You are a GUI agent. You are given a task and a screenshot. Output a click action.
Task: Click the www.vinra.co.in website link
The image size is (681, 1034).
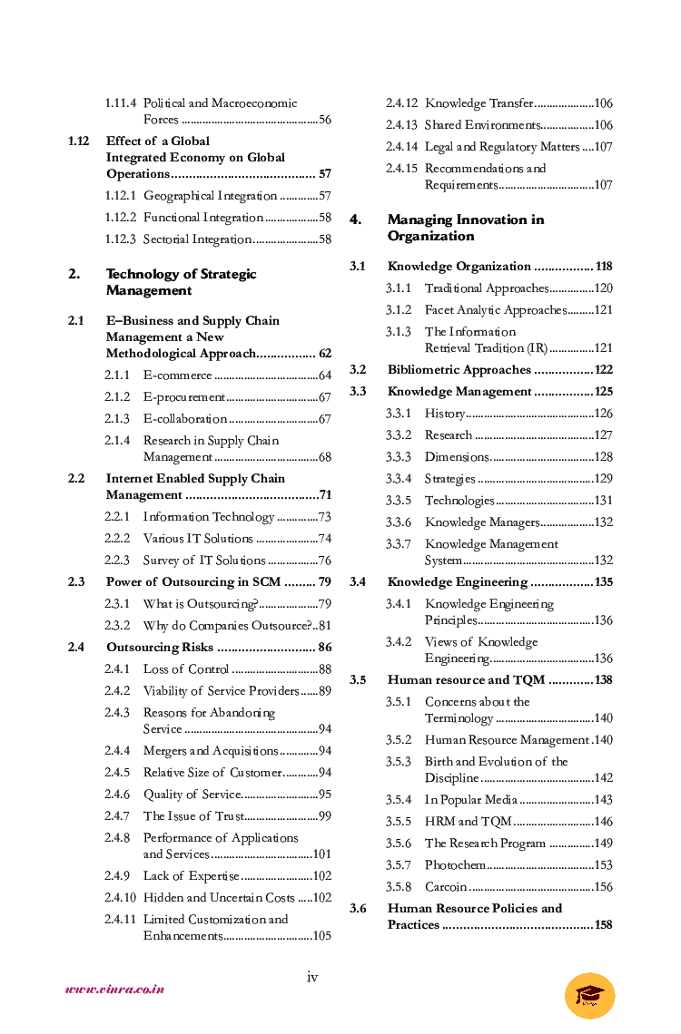[x=114, y=990]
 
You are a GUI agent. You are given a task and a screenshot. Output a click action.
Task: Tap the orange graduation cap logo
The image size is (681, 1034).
[x=589, y=995]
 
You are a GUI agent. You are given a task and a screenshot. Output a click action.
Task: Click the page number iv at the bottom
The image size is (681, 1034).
[x=312, y=977]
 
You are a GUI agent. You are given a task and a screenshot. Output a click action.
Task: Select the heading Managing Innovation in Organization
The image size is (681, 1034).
[x=466, y=228]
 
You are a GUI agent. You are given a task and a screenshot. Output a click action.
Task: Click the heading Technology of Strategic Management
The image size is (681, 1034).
[x=181, y=282]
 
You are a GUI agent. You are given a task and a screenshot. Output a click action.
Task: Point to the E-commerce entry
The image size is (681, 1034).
[x=177, y=376]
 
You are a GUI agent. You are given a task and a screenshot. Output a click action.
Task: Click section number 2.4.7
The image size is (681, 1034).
[x=117, y=816]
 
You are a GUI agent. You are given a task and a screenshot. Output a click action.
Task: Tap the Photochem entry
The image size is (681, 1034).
[x=455, y=865]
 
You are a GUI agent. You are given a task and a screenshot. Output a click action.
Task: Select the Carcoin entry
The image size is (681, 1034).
[x=446, y=887]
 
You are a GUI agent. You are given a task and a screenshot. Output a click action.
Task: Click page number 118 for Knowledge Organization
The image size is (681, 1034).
[x=603, y=267]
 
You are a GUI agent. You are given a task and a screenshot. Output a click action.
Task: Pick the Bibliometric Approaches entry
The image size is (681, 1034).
[x=459, y=370]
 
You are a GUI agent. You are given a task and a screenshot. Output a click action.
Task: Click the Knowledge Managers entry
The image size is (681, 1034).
[x=482, y=522]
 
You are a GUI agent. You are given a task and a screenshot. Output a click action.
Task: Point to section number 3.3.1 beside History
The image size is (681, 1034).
[x=399, y=414]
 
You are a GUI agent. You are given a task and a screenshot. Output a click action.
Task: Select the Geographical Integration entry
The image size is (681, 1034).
[x=210, y=196]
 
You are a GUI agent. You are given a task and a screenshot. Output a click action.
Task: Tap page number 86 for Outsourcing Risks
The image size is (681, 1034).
[x=324, y=648]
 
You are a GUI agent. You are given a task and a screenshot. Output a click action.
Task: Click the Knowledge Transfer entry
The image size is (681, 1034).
[x=479, y=103]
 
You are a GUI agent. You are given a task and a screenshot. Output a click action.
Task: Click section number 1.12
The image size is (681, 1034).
[x=78, y=141]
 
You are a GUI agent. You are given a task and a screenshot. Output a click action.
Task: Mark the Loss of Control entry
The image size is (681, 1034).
[x=185, y=669]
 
